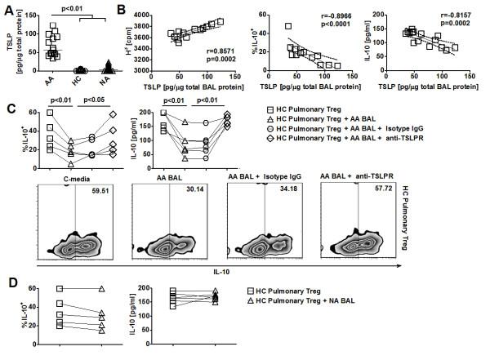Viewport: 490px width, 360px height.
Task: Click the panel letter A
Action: (7, 9)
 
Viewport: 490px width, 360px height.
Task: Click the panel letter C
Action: (7, 107)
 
